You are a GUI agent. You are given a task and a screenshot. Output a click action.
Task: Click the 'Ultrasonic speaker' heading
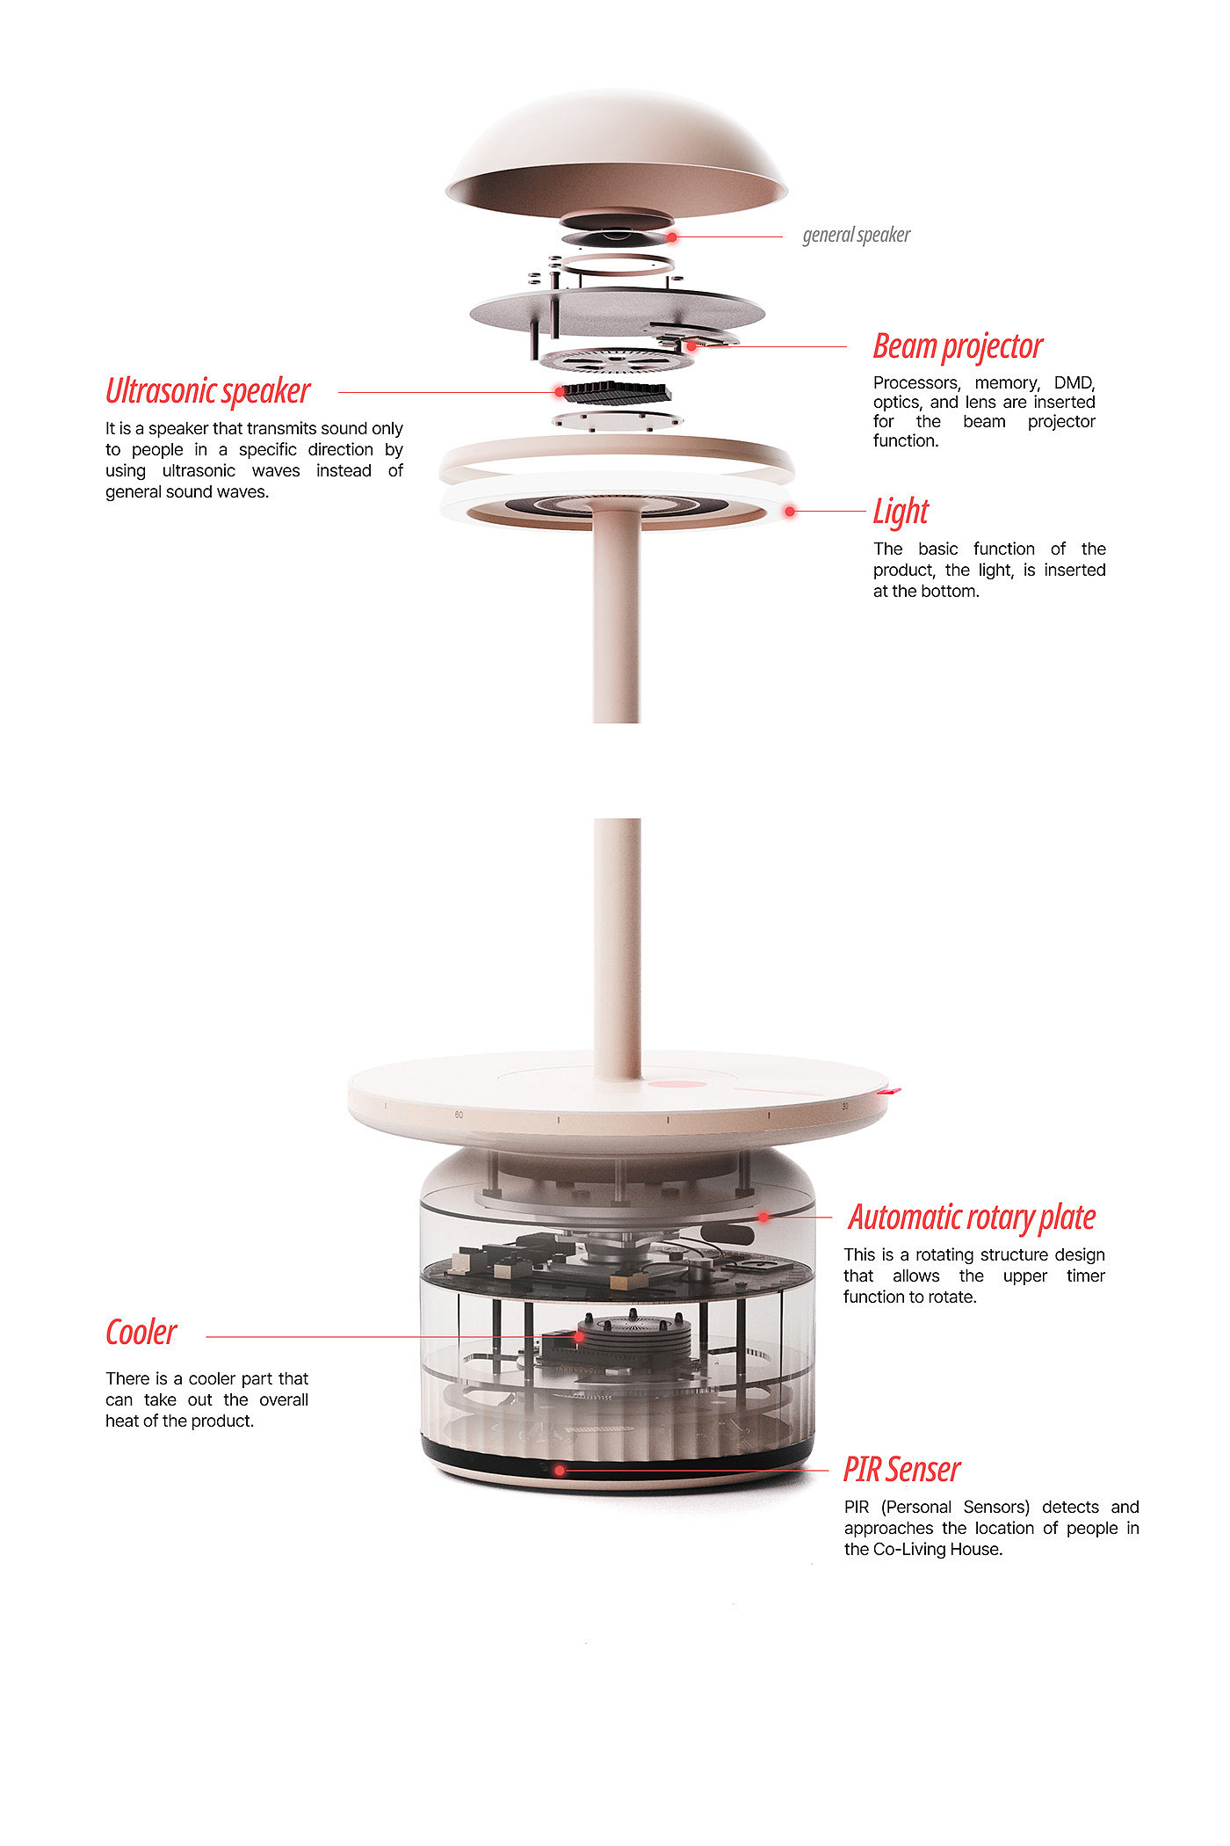208,391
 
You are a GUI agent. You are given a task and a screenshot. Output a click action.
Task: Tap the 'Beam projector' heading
958,346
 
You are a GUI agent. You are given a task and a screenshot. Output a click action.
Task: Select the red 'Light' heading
901,511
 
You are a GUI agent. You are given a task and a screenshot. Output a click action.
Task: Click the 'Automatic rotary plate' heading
972,1217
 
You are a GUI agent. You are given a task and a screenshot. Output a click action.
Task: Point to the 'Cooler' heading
141,1333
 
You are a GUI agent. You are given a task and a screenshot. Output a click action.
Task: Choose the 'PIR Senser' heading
902,1470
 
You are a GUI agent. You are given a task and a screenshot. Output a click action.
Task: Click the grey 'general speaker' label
857,235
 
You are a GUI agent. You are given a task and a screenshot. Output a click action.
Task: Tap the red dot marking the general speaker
672,237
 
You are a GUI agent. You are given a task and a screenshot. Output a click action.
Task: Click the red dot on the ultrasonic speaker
560,392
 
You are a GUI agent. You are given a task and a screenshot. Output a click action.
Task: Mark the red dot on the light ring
790,511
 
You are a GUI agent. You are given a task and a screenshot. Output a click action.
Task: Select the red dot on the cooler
579,1337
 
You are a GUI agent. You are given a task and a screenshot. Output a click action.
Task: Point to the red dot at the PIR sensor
560,1470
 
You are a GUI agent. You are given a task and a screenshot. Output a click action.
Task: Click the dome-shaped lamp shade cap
616,151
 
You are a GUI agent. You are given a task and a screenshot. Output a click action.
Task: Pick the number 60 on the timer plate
459,1115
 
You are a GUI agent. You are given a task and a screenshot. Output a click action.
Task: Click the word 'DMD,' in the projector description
1074,383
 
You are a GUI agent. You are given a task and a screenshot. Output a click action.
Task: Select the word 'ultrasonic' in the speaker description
199,470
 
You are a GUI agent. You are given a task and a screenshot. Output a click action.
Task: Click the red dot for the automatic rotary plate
763,1217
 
